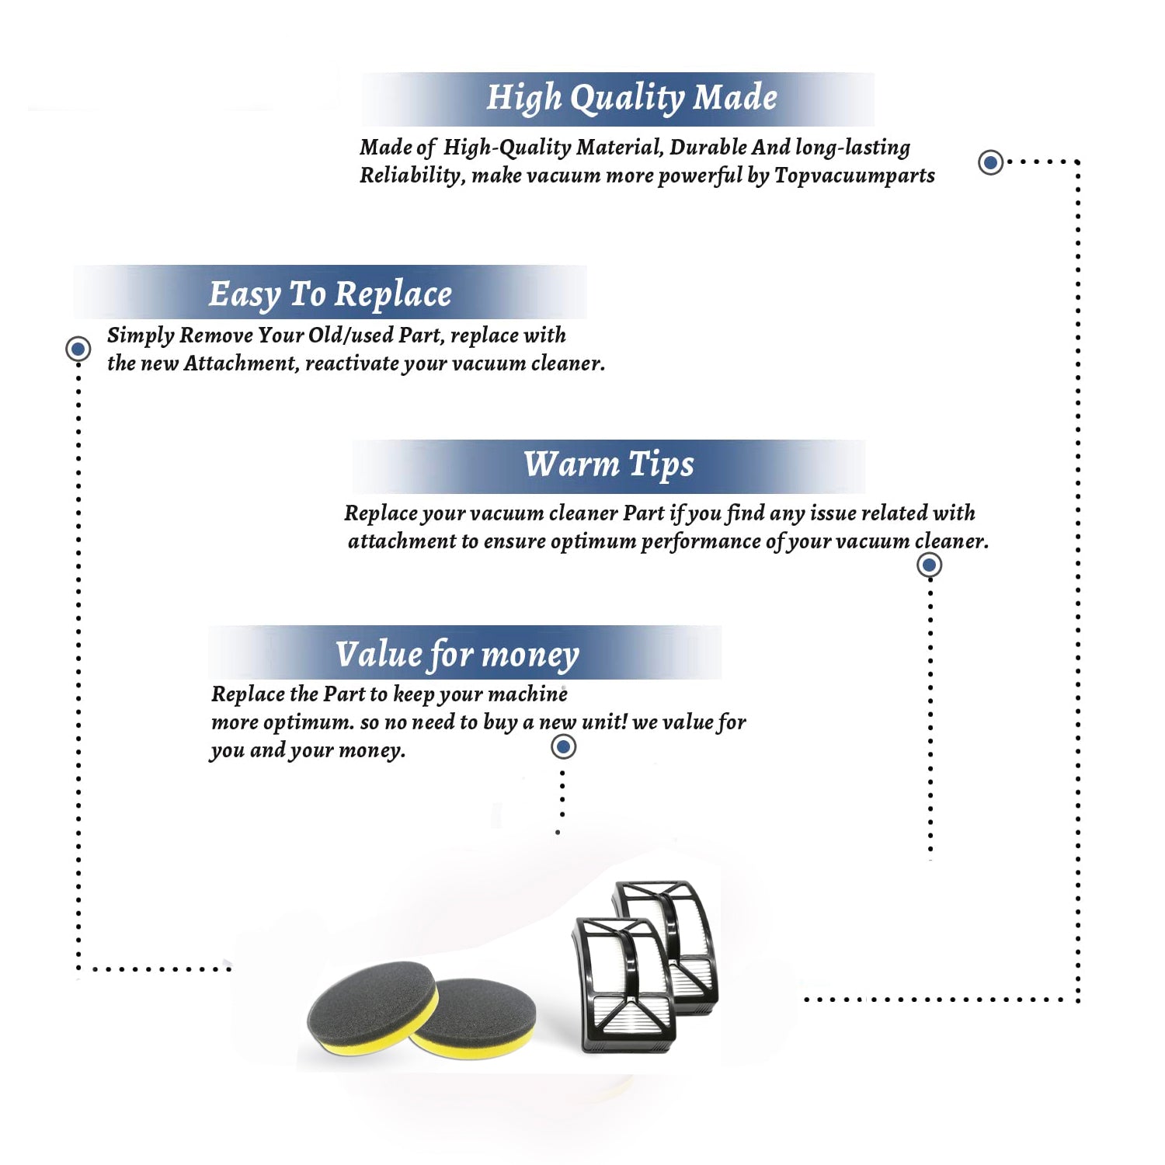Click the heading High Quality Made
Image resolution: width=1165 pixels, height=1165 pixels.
coord(631,99)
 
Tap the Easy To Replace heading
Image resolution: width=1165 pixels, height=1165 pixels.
coord(330,295)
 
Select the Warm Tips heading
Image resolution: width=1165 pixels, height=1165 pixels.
coord(608,465)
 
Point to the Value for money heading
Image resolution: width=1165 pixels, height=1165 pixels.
coord(457,655)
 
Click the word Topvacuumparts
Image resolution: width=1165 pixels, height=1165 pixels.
coord(854,176)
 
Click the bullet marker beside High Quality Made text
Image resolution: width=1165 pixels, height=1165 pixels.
coord(990,162)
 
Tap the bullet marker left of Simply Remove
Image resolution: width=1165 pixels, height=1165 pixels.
coord(78,349)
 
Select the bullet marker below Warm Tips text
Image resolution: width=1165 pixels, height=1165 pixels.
coord(930,565)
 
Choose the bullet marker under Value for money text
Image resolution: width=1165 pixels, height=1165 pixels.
coord(563,747)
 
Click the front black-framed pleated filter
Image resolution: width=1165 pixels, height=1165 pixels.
coord(624,985)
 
